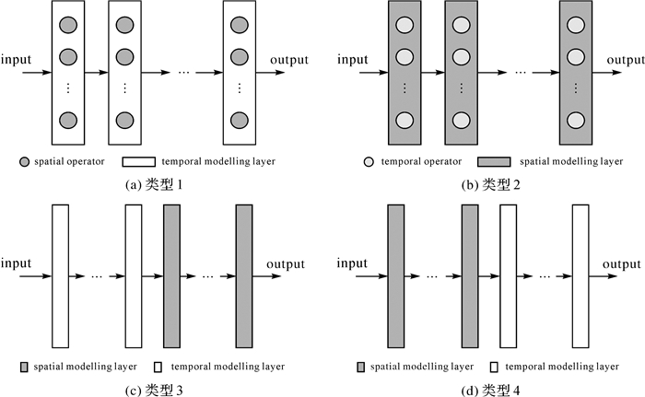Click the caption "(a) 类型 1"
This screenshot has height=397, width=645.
coord(153,186)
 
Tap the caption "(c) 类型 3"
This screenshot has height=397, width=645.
coord(153,390)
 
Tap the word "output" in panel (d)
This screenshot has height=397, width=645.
coord(624,264)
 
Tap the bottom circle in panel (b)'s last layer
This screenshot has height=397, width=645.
coord(575,121)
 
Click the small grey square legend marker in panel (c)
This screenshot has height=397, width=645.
coord(24,366)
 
